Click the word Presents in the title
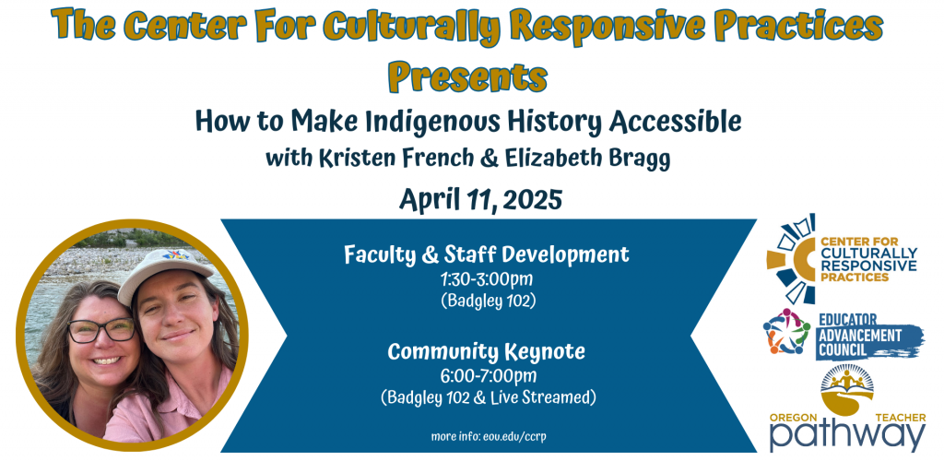click(x=467, y=76)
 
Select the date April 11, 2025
click(x=479, y=199)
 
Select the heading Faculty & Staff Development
click(x=487, y=254)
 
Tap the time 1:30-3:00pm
click(x=487, y=280)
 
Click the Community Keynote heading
click(x=486, y=351)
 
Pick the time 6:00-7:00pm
click(x=488, y=377)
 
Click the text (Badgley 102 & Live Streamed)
click(x=488, y=397)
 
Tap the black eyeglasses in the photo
click(x=101, y=330)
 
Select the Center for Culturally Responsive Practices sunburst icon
click(x=791, y=258)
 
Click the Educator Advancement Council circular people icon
click(x=785, y=331)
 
